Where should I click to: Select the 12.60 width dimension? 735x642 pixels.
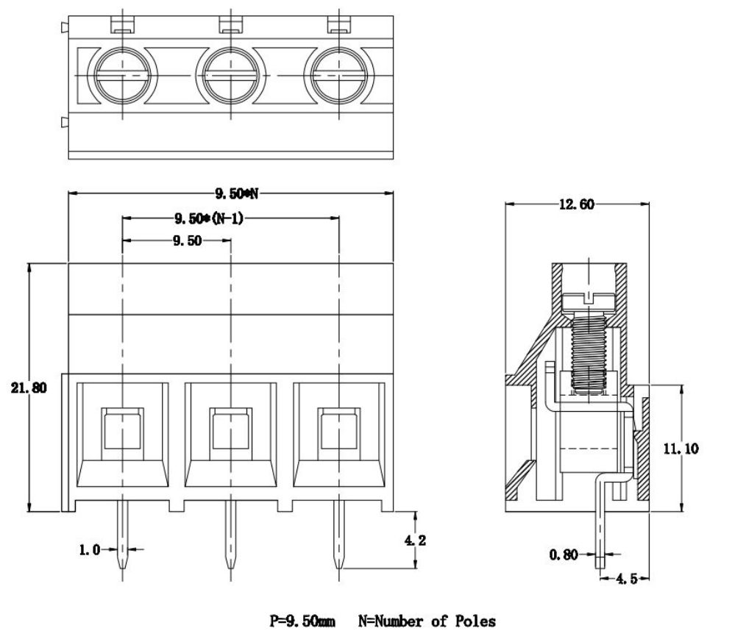coord(576,205)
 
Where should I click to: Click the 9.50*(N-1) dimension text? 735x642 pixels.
coord(208,218)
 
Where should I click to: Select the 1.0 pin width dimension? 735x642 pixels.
coord(90,549)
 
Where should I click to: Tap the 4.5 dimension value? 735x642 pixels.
coord(626,579)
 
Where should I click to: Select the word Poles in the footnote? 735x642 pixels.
coord(475,621)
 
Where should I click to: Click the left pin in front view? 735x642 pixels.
coord(123,541)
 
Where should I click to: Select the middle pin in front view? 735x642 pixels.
coord(230,541)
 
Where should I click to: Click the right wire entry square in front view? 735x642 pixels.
coord(338,430)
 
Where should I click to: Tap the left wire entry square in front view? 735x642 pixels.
coord(123,430)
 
